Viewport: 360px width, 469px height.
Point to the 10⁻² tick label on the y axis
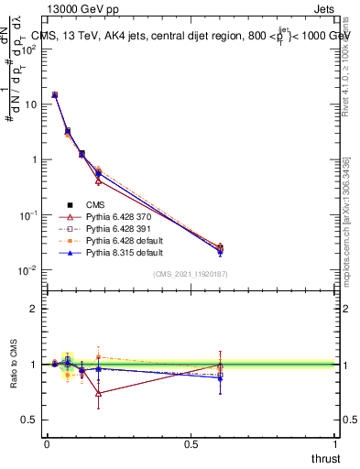coord(29,270)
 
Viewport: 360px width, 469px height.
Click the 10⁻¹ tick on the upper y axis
coord(29,214)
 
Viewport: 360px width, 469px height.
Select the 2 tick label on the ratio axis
coord(34,309)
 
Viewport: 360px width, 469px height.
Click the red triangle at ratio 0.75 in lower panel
coord(98,393)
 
